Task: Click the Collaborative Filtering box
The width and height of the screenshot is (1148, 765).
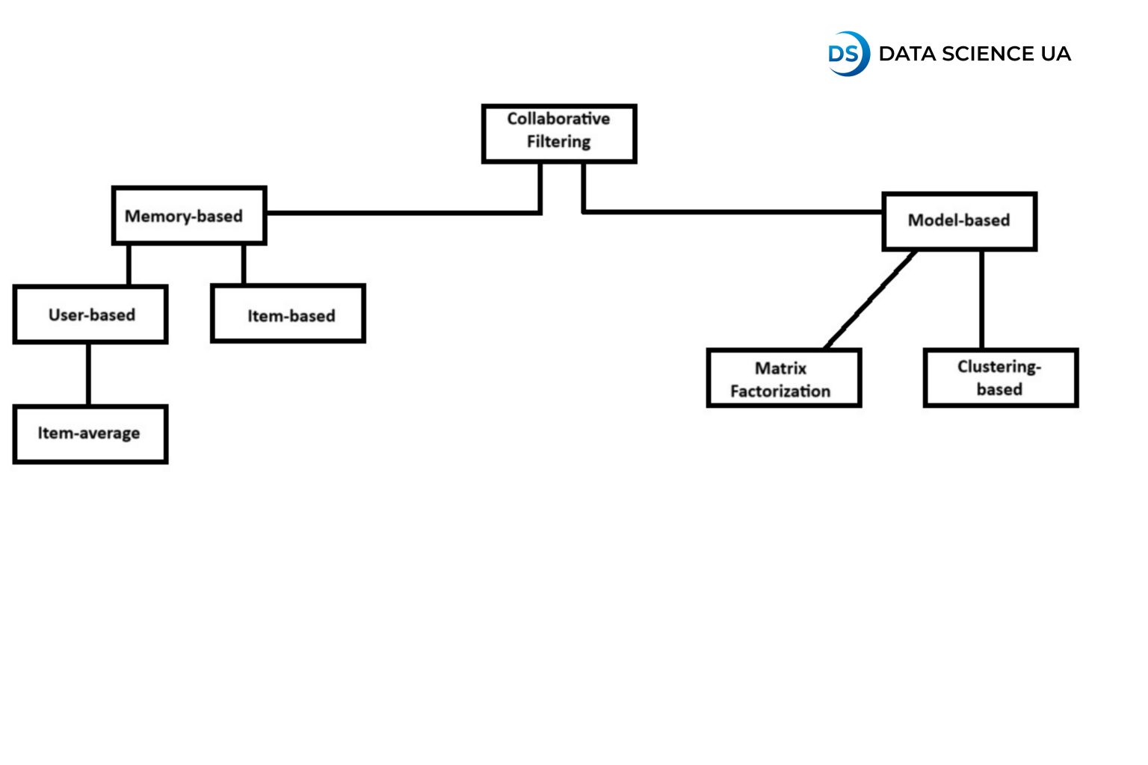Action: [x=559, y=134]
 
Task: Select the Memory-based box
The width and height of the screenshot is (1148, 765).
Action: [x=189, y=216]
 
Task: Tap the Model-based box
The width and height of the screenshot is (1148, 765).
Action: [x=960, y=221]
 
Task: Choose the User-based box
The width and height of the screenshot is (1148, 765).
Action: [x=90, y=315]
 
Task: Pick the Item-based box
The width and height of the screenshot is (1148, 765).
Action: [x=288, y=314]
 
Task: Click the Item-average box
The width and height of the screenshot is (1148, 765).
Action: [x=90, y=434]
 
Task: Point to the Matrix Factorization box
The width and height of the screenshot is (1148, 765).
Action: [x=784, y=378]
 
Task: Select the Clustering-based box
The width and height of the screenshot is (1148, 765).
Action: [x=1001, y=377]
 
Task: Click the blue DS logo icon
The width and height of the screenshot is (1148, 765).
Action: [x=848, y=54]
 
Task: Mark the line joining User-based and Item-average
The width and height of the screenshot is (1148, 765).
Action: [x=89, y=374]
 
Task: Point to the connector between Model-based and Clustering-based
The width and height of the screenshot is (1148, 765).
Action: [x=981, y=300]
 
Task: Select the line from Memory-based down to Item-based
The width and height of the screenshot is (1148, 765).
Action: [x=244, y=264]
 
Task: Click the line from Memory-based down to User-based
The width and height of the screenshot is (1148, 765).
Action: [x=129, y=264]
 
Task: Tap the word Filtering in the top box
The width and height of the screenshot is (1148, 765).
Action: [x=558, y=142]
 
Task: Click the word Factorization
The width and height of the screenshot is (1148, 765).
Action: [x=780, y=391]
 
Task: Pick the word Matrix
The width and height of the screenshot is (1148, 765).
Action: [x=781, y=368]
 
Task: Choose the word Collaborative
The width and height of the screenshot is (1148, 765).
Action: [x=558, y=119]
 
